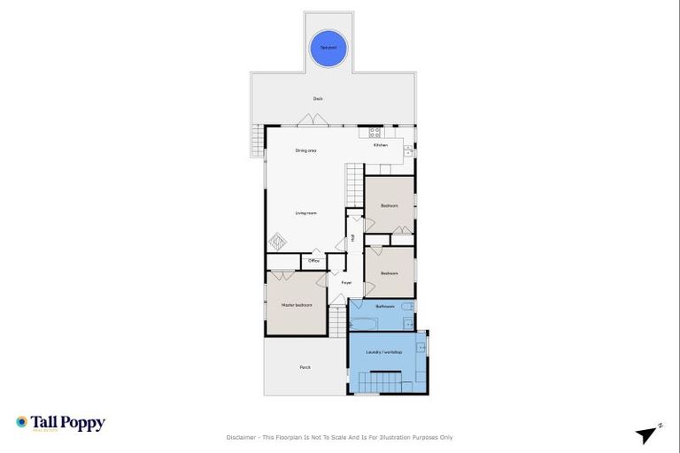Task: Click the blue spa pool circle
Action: point(328,48)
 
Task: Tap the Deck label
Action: point(318,98)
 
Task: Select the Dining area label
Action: point(306,151)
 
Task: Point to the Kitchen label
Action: point(380,145)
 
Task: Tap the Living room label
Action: point(306,213)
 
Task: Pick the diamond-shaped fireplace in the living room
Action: point(278,241)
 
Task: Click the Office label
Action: point(313,261)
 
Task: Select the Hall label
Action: point(352,237)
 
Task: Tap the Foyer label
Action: point(346,283)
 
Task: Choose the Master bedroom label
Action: point(297,305)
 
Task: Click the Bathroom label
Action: point(384,306)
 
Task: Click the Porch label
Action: point(305,367)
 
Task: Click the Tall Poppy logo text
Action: point(68,423)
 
